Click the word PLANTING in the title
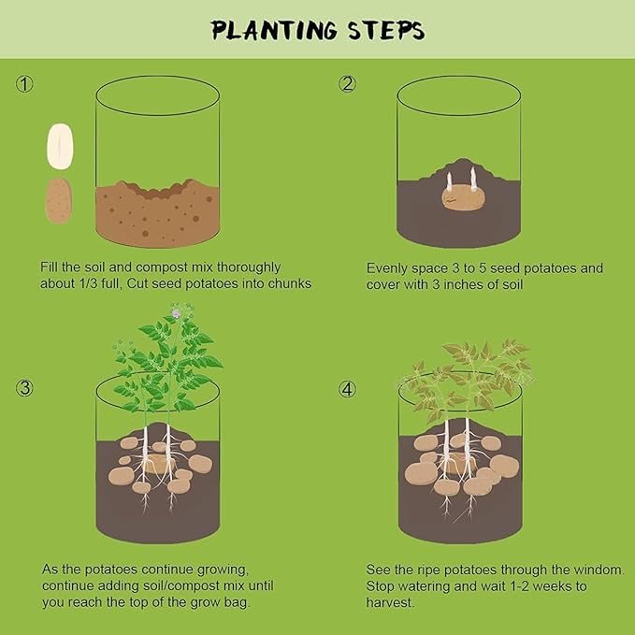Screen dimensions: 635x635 (274, 30)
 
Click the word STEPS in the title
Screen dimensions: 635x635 (386, 30)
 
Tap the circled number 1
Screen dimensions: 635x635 (24, 84)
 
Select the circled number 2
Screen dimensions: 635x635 (347, 84)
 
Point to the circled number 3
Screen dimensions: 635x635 (24, 388)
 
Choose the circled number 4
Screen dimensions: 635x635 (347, 389)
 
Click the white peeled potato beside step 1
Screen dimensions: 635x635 (60, 146)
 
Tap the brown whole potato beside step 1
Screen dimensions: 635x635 (59, 201)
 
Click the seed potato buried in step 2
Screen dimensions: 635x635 (463, 197)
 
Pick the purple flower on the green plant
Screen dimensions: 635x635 (176, 313)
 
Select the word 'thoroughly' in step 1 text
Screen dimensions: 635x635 (249, 267)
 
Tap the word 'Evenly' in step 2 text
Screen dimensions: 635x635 (386, 268)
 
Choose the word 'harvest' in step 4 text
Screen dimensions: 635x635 (389, 602)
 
